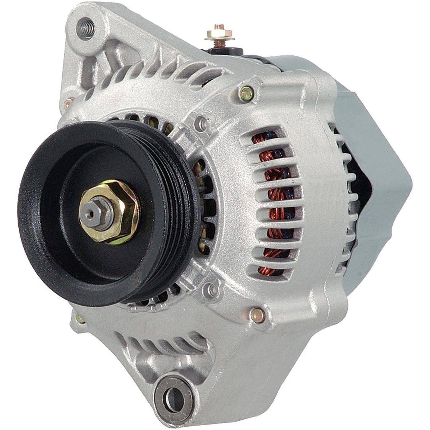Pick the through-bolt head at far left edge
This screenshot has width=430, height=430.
[68, 103]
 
